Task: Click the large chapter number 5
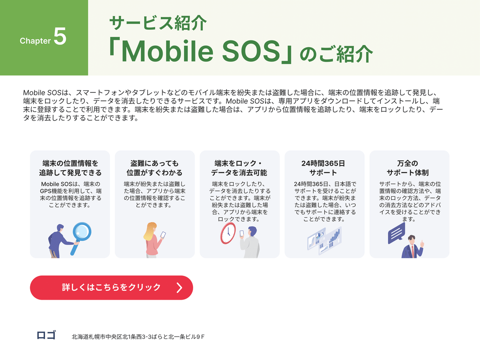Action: pos(60,36)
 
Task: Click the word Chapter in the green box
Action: pos(35,41)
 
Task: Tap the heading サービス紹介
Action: pos(158,23)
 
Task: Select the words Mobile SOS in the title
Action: pos(201,51)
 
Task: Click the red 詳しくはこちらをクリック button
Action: pos(111,288)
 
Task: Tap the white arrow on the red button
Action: pos(179,288)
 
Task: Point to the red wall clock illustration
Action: pos(228,233)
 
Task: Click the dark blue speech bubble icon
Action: pos(396,233)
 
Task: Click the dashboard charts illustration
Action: pos(325,240)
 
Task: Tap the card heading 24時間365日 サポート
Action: pos(323,168)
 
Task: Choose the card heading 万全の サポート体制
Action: pos(408,168)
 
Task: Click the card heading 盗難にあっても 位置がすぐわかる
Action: pos(154,168)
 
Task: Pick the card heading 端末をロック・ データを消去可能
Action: pos(239,168)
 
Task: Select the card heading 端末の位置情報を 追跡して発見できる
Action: pos(70,168)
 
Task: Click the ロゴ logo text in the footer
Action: pos(46,335)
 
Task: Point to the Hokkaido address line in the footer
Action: pos(138,337)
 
